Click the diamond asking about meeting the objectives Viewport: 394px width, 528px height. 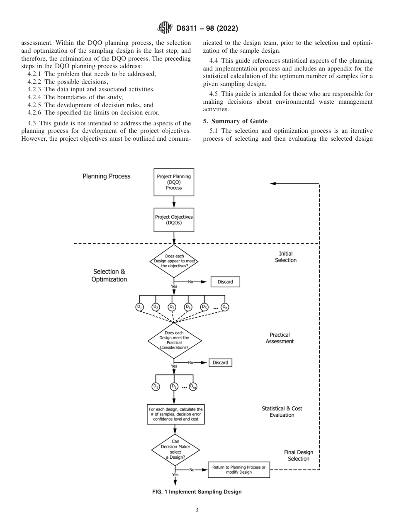click(175, 261)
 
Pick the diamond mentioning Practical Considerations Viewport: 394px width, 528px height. click(175, 340)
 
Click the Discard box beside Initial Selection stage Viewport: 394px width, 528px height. click(225, 282)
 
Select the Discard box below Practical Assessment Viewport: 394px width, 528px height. click(220, 362)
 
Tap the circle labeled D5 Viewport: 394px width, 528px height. click(204, 307)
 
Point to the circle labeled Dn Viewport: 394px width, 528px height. click(224, 307)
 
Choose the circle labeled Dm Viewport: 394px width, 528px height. click(193, 386)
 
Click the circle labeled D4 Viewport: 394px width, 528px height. click(188, 307)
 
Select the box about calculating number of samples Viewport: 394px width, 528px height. click(176, 414)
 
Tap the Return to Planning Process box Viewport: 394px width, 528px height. click(238, 469)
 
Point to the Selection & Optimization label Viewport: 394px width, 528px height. click(109, 276)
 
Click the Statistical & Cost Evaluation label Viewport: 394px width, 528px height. click(282, 412)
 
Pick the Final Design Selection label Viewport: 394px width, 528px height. click(298, 455)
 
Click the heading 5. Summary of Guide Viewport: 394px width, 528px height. click(235, 121)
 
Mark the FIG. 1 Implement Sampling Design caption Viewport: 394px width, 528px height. click(197, 492)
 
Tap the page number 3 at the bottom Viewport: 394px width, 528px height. click(197, 510)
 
